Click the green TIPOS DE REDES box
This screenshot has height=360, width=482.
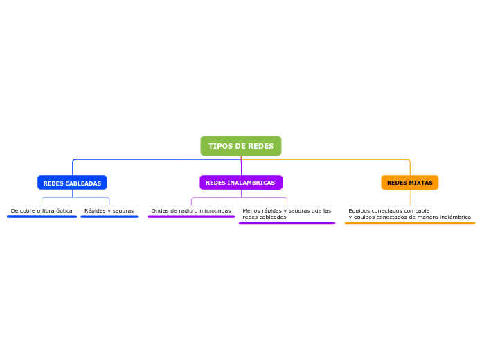point(241,146)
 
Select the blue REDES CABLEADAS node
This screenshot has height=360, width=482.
point(72,183)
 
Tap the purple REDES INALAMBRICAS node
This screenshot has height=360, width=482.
point(241,183)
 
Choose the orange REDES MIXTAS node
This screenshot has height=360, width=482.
point(409,183)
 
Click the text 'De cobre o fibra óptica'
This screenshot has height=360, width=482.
point(42,210)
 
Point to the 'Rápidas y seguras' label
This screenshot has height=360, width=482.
point(109,210)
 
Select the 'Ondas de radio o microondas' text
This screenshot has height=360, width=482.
point(191,210)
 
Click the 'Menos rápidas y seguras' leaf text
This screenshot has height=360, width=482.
point(287,210)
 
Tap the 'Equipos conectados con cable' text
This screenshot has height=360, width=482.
point(389,210)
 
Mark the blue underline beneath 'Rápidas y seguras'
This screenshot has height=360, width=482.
point(109,217)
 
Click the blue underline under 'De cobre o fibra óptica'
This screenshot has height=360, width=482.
point(42,217)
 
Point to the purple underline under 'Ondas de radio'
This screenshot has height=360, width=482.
point(191,217)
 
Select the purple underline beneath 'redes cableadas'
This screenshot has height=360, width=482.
point(287,224)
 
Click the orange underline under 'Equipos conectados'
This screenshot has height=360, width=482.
point(409,224)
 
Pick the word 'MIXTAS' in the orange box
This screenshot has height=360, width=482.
point(421,183)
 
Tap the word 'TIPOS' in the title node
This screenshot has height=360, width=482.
point(220,146)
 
